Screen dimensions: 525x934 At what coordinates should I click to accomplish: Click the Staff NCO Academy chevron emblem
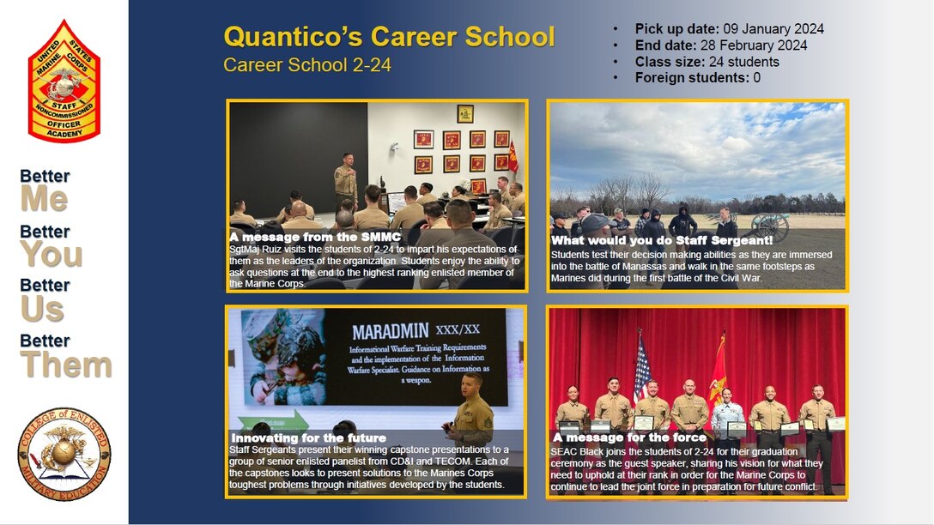click(64, 81)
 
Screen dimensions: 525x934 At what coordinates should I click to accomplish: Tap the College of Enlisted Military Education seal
click(64, 455)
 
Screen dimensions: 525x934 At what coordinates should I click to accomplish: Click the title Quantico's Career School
click(389, 37)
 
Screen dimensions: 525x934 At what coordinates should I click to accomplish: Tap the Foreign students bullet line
click(697, 78)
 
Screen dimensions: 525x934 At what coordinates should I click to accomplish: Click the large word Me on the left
click(44, 200)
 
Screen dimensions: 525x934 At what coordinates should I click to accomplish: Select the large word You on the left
click(52, 255)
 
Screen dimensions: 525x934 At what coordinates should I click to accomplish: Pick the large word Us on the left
click(42, 309)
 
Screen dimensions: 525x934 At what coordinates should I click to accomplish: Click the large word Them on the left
click(66, 365)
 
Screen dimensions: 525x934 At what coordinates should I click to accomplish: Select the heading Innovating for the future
click(308, 438)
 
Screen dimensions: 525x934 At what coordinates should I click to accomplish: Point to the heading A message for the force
click(630, 437)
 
